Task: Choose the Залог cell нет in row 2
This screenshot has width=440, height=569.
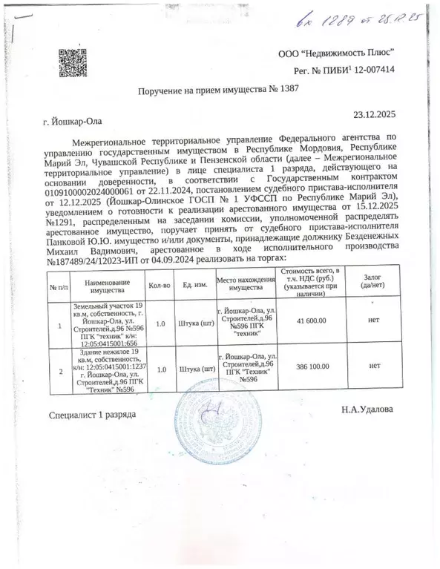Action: pyautogui.click(x=374, y=366)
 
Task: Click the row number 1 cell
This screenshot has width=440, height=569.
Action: pyautogui.click(x=59, y=323)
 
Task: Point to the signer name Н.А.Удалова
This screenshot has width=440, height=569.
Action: pyautogui.click(x=368, y=410)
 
